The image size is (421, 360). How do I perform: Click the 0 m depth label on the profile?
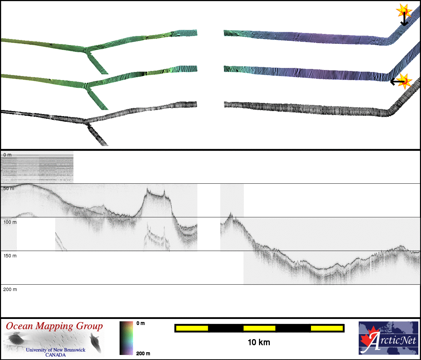pos(7,155)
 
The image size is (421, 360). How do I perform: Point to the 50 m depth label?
pos(9,188)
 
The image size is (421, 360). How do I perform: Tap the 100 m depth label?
pos(10,222)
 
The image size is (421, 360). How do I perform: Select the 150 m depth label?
pos(10,256)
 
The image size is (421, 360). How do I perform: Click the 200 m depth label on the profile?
pos(10,289)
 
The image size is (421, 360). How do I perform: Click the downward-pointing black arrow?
pos(404,19)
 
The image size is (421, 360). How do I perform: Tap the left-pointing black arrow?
pos(397,82)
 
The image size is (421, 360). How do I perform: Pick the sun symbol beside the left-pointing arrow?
pos(404,81)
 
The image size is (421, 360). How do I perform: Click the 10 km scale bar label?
pos(259,342)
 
